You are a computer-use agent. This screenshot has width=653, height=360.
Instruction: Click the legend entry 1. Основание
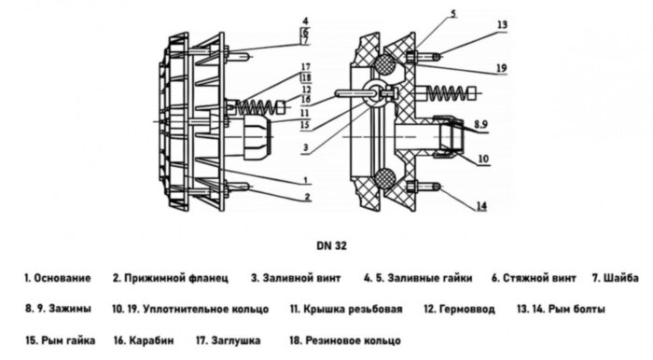point(58,279)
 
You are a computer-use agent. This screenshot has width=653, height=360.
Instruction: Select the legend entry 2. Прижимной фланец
point(168,279)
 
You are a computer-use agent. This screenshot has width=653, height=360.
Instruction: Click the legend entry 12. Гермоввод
point(457,309)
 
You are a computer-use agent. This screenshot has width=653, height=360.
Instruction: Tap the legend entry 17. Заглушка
point(229,339)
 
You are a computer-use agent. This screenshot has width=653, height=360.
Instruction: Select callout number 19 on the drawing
point(502,68)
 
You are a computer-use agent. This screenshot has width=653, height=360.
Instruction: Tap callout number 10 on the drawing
point(482,159)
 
